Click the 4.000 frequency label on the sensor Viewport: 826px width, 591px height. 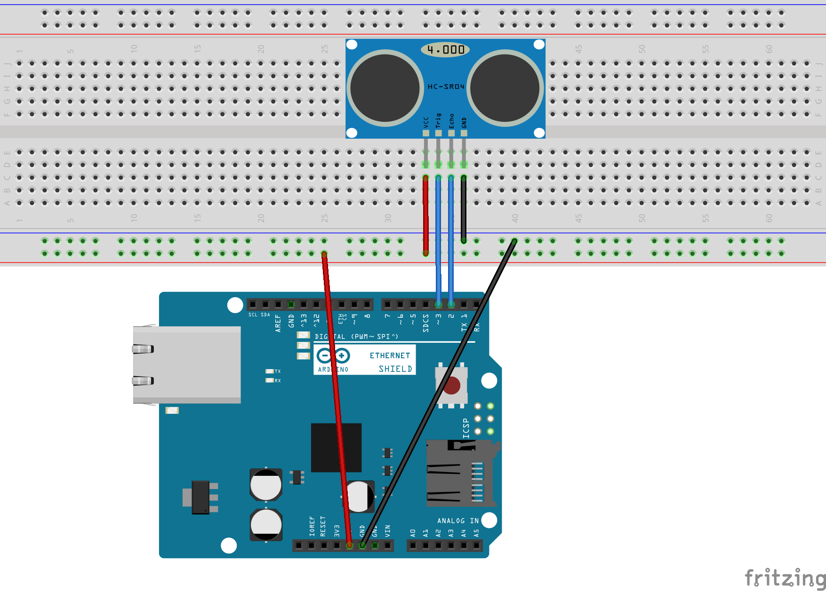tap(445, 49)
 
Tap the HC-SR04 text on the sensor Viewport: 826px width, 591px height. tap(446, 87)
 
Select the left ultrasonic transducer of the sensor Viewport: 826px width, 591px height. tap(385, 88)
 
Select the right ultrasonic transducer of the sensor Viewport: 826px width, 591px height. tap(505, 88)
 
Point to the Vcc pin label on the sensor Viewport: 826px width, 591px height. tap(426, 122)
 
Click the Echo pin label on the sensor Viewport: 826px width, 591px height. tap(451, 121)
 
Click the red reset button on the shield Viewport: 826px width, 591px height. tap(452, 386)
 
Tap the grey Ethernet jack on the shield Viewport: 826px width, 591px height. tap(187, 364)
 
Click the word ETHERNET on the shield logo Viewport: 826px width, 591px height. tap(390, 355)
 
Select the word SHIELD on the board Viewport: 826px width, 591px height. tap(395, 369)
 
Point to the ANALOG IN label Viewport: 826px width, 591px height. tap(457, 520)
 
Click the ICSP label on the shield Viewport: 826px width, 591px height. tap(466, 428)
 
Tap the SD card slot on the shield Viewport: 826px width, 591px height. tap(459, 473)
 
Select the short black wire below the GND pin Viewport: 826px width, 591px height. tap(464, 209)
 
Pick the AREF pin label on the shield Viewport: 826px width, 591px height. tap(278, 323)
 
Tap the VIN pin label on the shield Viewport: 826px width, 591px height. tap(387, 531)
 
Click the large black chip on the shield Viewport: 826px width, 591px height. tap(336, 447)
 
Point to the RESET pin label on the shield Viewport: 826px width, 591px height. tap(323, 526)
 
